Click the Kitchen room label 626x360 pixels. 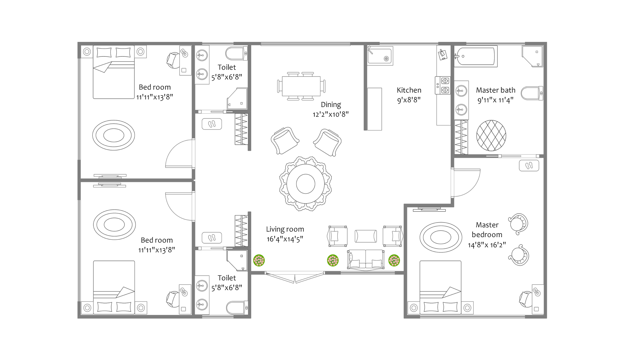(x=409, y=90)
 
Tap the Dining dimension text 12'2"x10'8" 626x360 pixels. (x=330, y=114)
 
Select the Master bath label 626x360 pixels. (x=495, y=90)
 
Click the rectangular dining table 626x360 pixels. (x=301, y=86)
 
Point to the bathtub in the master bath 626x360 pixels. (x=475, y=57)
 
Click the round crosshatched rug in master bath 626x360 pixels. (x=491, y=136)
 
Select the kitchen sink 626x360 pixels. (x=380, y=56)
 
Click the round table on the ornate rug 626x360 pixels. (x=306, y=183)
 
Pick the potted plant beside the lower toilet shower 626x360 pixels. (x=259, y=261)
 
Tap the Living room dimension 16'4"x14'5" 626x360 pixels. (x=285, y=239)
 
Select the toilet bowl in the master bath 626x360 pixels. (x=532, y=93)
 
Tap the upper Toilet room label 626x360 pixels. (x=226, y=67)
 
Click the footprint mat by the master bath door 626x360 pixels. (x=529, y=165)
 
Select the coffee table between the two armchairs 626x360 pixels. (x=366, y=236)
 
